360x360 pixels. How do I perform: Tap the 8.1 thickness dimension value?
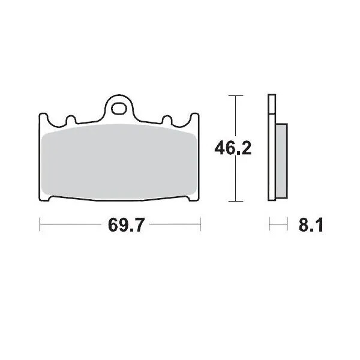pos(310,226)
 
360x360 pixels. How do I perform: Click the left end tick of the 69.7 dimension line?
pos(40,226)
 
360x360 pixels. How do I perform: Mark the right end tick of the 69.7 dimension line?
pos(200,226)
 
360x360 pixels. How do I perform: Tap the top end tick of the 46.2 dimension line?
pos(236,95)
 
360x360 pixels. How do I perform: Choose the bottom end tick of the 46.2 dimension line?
pos(236,200)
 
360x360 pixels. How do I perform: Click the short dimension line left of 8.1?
pos(276,226)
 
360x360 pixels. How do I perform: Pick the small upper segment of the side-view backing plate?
pos(271,104)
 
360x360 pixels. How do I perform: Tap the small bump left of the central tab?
pos(70,120)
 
